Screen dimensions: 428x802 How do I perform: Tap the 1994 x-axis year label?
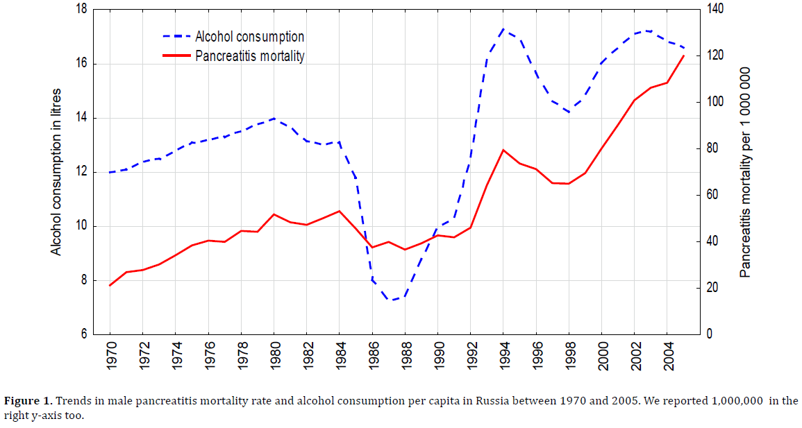click(x=503, y=354)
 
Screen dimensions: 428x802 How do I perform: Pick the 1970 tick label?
click(x=110, y=354)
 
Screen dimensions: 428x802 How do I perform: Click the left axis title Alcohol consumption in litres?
click(x=57, y=172)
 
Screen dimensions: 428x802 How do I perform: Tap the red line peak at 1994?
click(x=503, y=150)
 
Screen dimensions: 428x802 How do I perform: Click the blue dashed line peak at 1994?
click(x=503, y=29)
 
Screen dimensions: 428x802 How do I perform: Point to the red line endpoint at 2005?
click(x=684, y=55)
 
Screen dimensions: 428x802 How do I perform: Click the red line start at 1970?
click(x=110, y=286)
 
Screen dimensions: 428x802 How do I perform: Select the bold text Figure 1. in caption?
click(x=28, y=401)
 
